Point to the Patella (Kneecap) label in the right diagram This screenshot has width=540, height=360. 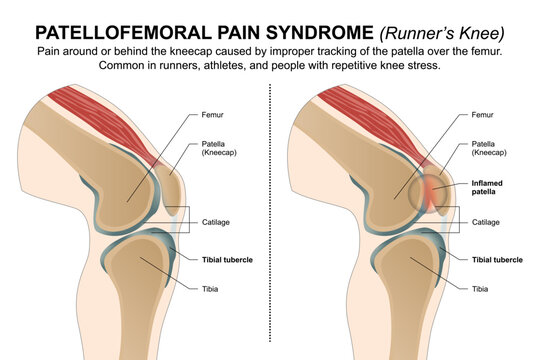click(487, 150)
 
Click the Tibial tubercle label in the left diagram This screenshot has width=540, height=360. click(224, 260)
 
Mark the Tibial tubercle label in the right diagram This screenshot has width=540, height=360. click(497, 260)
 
